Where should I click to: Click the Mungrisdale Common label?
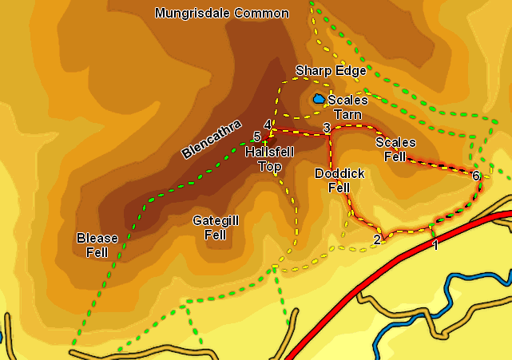pos(221,14)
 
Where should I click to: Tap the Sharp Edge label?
pos(330,71)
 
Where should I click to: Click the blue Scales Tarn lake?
pos(320,99)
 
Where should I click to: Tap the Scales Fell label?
pos(395,149)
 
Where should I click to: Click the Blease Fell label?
pos(97,245)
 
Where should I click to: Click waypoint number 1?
pos(435,245)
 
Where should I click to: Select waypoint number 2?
pos(377,239)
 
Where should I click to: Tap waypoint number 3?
pos(327,128)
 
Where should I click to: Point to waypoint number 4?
pos(267,124)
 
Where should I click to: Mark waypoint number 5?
pos(256,136)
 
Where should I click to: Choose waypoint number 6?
pos(476,176)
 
